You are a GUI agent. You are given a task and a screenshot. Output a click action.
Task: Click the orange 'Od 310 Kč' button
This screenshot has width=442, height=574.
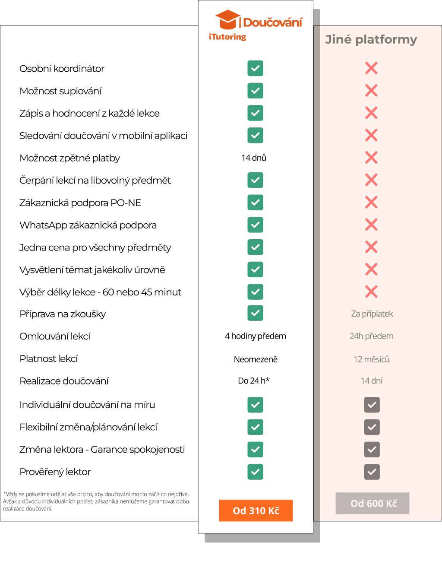coord(256,511)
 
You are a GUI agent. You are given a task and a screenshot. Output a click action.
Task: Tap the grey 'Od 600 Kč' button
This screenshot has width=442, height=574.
coord(373,503)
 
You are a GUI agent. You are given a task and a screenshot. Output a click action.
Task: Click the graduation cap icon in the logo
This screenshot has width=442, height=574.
coord(227,20)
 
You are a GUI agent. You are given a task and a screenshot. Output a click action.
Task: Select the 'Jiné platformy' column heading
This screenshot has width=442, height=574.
coord(371,39)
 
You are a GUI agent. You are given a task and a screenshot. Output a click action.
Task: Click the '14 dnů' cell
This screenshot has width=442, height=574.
coord(254,158)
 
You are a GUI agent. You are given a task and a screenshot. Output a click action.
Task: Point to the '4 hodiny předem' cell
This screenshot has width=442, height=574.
coord(255,336)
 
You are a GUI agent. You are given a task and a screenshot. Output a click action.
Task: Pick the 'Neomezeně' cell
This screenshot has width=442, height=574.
coord(256,359)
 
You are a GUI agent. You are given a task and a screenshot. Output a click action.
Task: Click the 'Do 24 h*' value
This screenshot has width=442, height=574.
coord(254,381)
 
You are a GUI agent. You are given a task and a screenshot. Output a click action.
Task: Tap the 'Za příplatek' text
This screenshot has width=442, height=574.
coord(372,314)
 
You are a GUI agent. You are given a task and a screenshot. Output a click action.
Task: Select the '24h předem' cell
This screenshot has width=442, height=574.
coord(371,336)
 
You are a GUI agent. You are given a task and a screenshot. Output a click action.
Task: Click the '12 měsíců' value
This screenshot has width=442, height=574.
coord(371,359)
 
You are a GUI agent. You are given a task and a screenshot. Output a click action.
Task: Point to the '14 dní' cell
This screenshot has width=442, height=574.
coord(371,381)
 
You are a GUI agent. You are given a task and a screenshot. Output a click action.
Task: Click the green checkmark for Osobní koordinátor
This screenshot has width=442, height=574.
coord(256,68)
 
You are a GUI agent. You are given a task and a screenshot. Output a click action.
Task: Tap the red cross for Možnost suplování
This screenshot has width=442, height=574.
coord(371,91)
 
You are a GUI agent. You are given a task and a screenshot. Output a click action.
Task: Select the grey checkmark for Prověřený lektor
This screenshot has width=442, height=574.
coord(372,472)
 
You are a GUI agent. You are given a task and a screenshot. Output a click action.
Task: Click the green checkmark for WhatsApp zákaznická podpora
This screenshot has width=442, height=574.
coord(256,225)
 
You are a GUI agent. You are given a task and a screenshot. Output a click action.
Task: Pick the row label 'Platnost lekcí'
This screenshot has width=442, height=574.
coord(49,358)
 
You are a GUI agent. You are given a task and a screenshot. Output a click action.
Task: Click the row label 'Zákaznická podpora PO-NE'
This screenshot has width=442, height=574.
coord(80,203)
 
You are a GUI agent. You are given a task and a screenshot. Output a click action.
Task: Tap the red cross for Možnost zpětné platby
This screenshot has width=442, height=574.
coord(371,158)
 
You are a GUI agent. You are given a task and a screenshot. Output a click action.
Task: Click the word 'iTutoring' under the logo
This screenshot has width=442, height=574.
coord(227,37)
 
